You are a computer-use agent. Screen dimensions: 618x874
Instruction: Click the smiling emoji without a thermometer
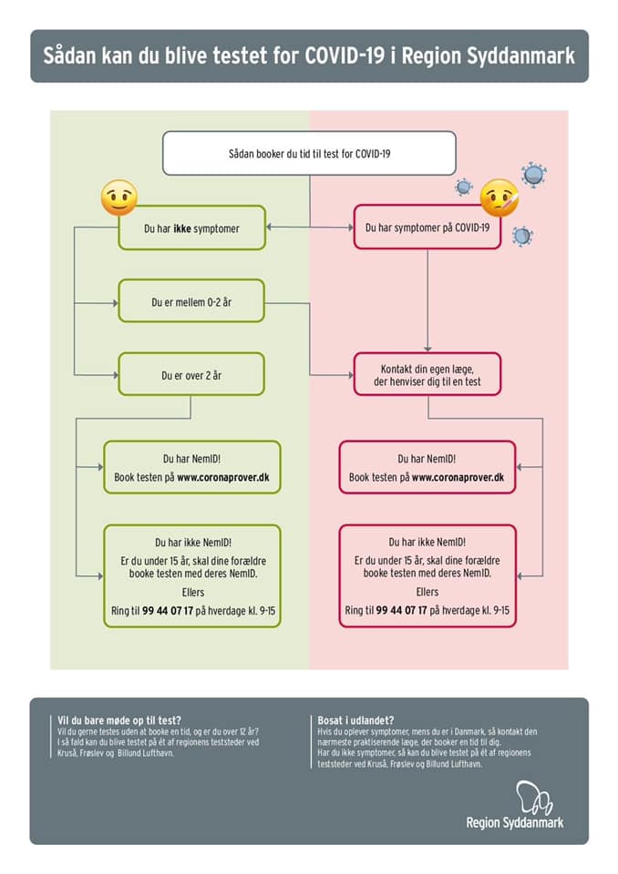coord(118,198)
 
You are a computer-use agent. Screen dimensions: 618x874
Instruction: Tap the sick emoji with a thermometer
coord(500,198)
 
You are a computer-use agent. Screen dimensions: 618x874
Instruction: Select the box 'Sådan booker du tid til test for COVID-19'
coord(309,153)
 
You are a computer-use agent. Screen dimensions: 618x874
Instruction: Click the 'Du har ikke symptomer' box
coord(191,228)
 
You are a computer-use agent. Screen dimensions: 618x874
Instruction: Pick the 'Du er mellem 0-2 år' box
coord(191,301)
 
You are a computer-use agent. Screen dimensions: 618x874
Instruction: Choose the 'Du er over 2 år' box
coord(191,374)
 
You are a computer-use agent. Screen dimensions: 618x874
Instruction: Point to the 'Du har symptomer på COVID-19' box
coord(427,227)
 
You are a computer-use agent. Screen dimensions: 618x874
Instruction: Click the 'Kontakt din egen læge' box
coord(427,374)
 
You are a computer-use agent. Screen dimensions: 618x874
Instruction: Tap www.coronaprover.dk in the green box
coord(223,478)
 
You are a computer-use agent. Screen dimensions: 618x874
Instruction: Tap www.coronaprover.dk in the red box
coord(458,478)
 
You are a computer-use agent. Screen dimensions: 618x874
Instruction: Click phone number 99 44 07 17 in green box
coord(168,611)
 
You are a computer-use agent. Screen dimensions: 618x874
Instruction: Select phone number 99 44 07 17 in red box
coord(401,610)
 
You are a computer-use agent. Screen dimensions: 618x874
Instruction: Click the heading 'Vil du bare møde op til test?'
coord(119,720)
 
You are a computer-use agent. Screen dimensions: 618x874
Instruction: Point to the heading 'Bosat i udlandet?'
coord(355,720)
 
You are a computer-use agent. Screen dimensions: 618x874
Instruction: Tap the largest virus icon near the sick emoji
coord(534,175)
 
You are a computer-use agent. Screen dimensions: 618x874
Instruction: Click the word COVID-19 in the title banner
coord(345,56)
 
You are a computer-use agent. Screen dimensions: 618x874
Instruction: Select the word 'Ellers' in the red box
coord(427,592)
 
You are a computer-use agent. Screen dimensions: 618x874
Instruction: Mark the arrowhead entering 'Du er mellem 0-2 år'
coord(115,303)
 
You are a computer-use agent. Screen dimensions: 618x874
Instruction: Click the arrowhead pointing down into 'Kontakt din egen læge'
coord(427,349)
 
